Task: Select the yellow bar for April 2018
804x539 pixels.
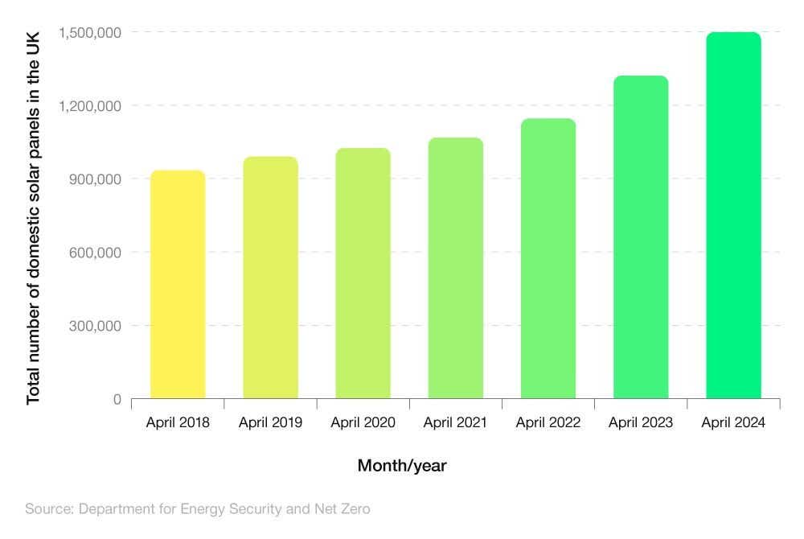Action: (178, 286)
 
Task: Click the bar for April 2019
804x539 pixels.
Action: (270, 278)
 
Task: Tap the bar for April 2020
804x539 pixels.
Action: (363, 274)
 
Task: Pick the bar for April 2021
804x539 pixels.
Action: (455, 269)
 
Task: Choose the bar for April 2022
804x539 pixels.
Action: (548, 259)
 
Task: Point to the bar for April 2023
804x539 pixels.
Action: (641, 238)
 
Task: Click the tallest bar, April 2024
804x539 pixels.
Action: (733, 216)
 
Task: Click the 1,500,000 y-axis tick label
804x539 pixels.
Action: (89, 32)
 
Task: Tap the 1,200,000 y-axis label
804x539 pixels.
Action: (89, 105)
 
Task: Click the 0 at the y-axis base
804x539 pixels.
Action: (117, 399)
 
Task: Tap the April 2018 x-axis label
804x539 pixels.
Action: (178, 422)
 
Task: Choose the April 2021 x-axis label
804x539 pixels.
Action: (455, 422)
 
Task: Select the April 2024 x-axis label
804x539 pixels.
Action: (733, 422)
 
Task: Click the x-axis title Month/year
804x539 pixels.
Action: (402, 466)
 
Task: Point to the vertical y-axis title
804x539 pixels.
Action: (33, 217)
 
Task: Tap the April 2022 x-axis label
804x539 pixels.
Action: (548, 422)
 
